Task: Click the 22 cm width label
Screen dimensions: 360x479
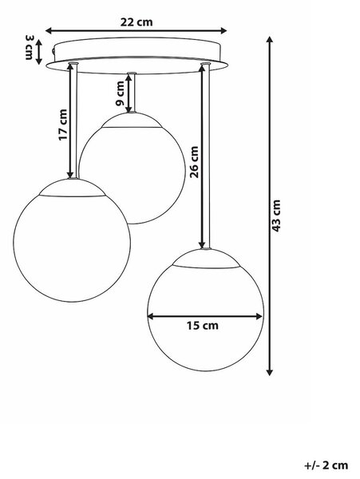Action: pos(136,22)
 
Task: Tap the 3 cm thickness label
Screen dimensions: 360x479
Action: pos(29,47)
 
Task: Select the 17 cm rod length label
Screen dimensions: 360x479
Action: pos(62,125)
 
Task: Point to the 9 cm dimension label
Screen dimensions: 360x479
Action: pos(120,93)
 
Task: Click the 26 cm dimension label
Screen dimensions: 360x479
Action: pos(194,162)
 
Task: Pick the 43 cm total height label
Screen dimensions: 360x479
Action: pos(275,216)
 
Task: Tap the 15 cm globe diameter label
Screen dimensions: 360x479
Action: pos(203,326)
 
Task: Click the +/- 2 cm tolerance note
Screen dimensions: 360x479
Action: pos(326,465)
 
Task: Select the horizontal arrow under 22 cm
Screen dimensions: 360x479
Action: pos(136,30)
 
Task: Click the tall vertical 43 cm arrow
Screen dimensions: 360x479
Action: pos(269,206)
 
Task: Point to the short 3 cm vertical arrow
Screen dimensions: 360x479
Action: pos(39,52)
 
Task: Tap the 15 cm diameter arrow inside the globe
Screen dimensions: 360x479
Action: pos(205,316)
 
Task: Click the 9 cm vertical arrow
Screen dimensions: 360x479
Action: pos(129,93)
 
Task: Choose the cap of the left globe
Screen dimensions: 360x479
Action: pos(72,188)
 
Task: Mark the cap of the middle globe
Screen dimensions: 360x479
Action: pos(132,120)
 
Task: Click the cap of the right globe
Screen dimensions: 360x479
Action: pos(206,259)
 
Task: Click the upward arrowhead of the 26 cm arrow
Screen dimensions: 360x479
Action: pos(201,68)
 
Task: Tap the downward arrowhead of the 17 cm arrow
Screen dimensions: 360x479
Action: pos(70,174)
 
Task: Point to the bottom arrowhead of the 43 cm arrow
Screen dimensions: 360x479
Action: pos(269,372)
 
